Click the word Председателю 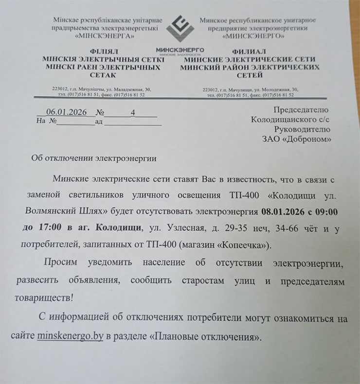pos(301,110)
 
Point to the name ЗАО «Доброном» pos(297,140)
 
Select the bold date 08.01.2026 pos(282,212)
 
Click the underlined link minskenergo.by pos(70,336)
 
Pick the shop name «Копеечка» pos(255,244)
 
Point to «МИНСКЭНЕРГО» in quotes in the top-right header pos(252,35)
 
